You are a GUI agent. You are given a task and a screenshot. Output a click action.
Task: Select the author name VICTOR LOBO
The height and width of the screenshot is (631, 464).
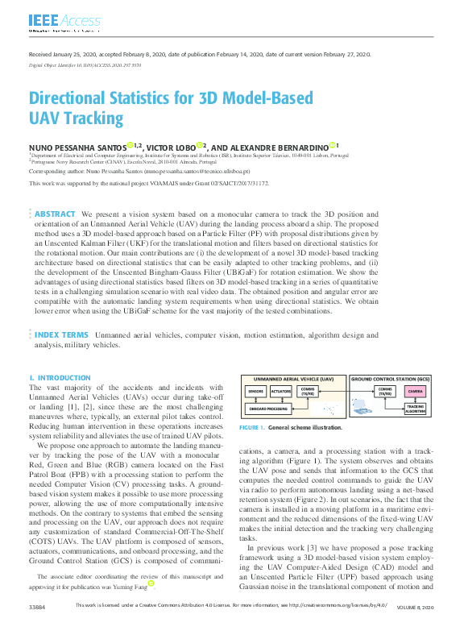[174, 147]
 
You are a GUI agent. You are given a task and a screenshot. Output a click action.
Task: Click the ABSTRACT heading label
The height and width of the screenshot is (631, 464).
[55, 214]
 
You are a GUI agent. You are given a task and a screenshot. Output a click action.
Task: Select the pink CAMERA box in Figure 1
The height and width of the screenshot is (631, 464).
[416, 391]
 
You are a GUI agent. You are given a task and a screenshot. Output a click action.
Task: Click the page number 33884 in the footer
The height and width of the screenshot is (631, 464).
[37, 625]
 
